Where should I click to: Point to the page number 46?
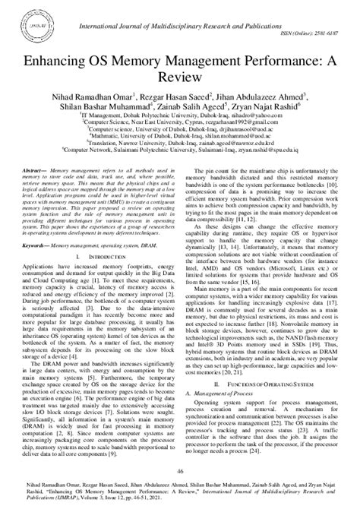point(180,472)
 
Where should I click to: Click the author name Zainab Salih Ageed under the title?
point(200,108)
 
